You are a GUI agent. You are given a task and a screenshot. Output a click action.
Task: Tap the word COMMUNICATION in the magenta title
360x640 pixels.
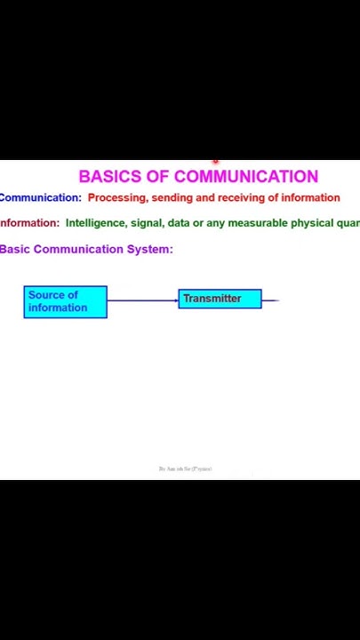coord(246,176)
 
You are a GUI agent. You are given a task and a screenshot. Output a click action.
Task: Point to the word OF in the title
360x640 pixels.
coord(158,176)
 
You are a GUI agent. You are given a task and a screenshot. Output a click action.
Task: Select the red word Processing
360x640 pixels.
coord(117,198)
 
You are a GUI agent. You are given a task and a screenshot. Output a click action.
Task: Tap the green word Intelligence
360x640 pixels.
coord(96,223)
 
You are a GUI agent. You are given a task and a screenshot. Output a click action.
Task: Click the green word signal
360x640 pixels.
coord(147,223)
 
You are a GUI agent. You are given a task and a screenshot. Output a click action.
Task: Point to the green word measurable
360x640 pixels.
coord(257,223)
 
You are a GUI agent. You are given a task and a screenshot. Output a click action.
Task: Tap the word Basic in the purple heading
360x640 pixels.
coord(14,249)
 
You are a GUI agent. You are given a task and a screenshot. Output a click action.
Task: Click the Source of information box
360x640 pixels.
coord(65,301)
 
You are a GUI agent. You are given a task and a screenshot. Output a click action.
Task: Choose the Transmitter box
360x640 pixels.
coord(220,299)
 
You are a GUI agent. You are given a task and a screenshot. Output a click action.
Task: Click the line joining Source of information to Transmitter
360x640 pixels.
coord(142,300)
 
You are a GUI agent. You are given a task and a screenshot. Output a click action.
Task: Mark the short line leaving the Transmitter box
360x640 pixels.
coord(270,300)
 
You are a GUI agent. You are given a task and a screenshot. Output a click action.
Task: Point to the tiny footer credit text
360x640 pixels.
coord(185,468)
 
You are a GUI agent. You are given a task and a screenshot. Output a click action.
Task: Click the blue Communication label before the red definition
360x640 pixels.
coord(40,198)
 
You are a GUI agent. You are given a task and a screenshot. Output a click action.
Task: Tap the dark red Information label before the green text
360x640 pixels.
coord(29,223)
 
